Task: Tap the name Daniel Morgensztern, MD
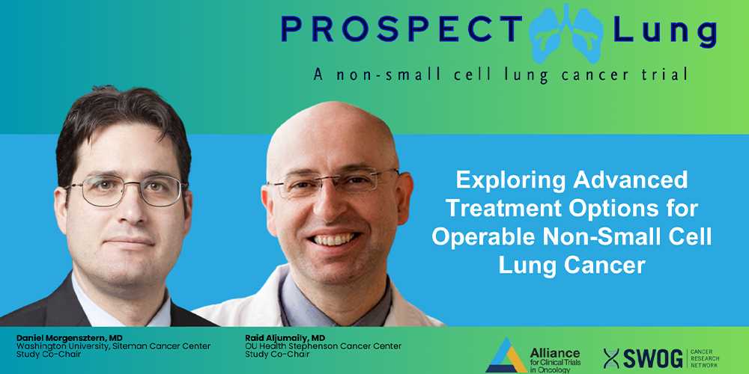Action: (x=69, y=338)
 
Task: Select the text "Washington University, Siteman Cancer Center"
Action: (x=113, y=346)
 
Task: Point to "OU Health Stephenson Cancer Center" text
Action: (x=323, y=346)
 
